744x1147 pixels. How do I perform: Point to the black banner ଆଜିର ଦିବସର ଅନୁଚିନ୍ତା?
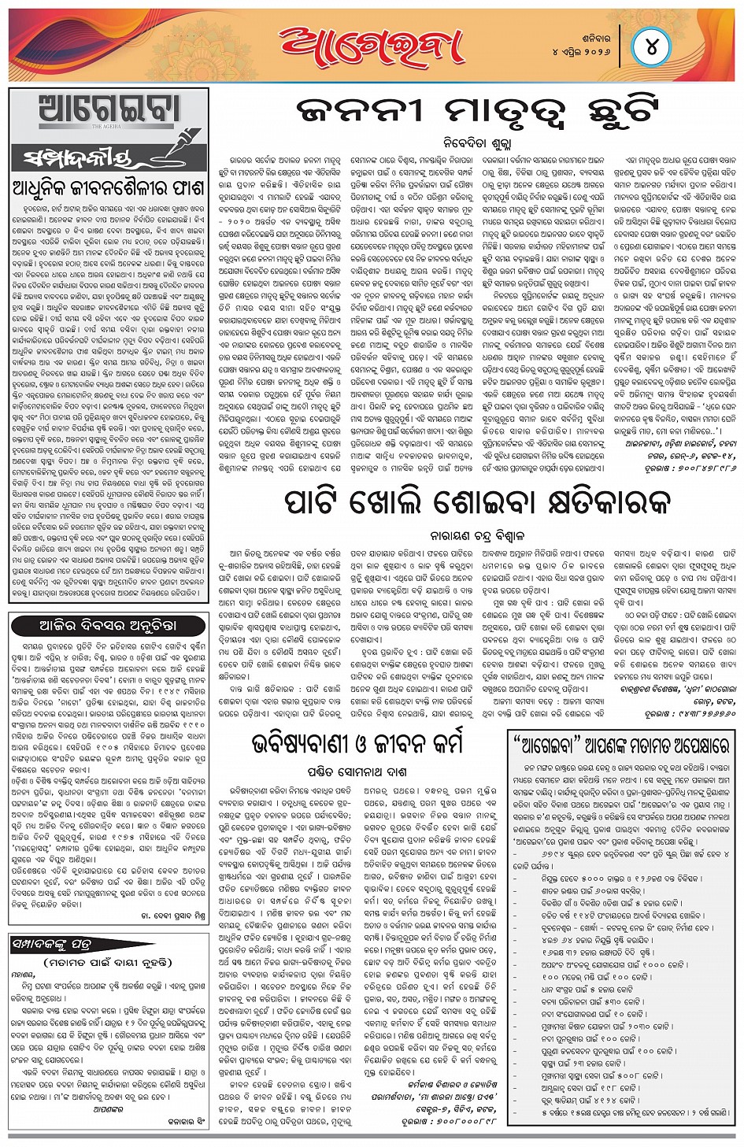(x=109, y=625)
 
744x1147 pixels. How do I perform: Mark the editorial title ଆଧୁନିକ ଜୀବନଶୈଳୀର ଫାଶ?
(x=108, y=189)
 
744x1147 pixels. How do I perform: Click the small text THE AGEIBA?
(x=109, y=126)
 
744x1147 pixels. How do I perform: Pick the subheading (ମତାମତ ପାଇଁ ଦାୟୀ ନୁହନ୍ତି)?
(x=108, y=962)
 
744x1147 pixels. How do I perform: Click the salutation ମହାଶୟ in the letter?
(x=24, y=975)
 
